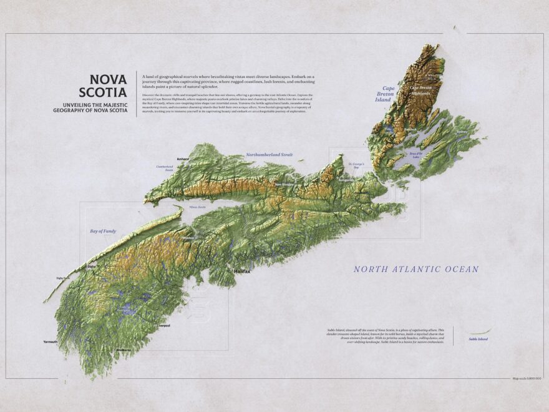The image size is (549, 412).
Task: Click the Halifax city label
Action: pyautogui.click(x=241, y=272)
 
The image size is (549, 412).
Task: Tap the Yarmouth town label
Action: pyautogui.click(x=51, y=342)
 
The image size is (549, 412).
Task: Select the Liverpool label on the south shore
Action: pyautogui.click(x=163, y=326)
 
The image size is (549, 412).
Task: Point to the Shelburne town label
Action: pyautogui.click(x=124, y=350)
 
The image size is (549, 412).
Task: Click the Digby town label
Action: pyautogui.click(x=92, y=267)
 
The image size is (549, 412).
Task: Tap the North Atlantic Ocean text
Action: pyautogui.click(x=415, y=269)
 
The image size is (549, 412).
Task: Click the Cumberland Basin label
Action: pyautogui.click(x=163, y=168)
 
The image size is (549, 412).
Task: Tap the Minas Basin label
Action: pyautogui.click(x=197, y=207)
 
